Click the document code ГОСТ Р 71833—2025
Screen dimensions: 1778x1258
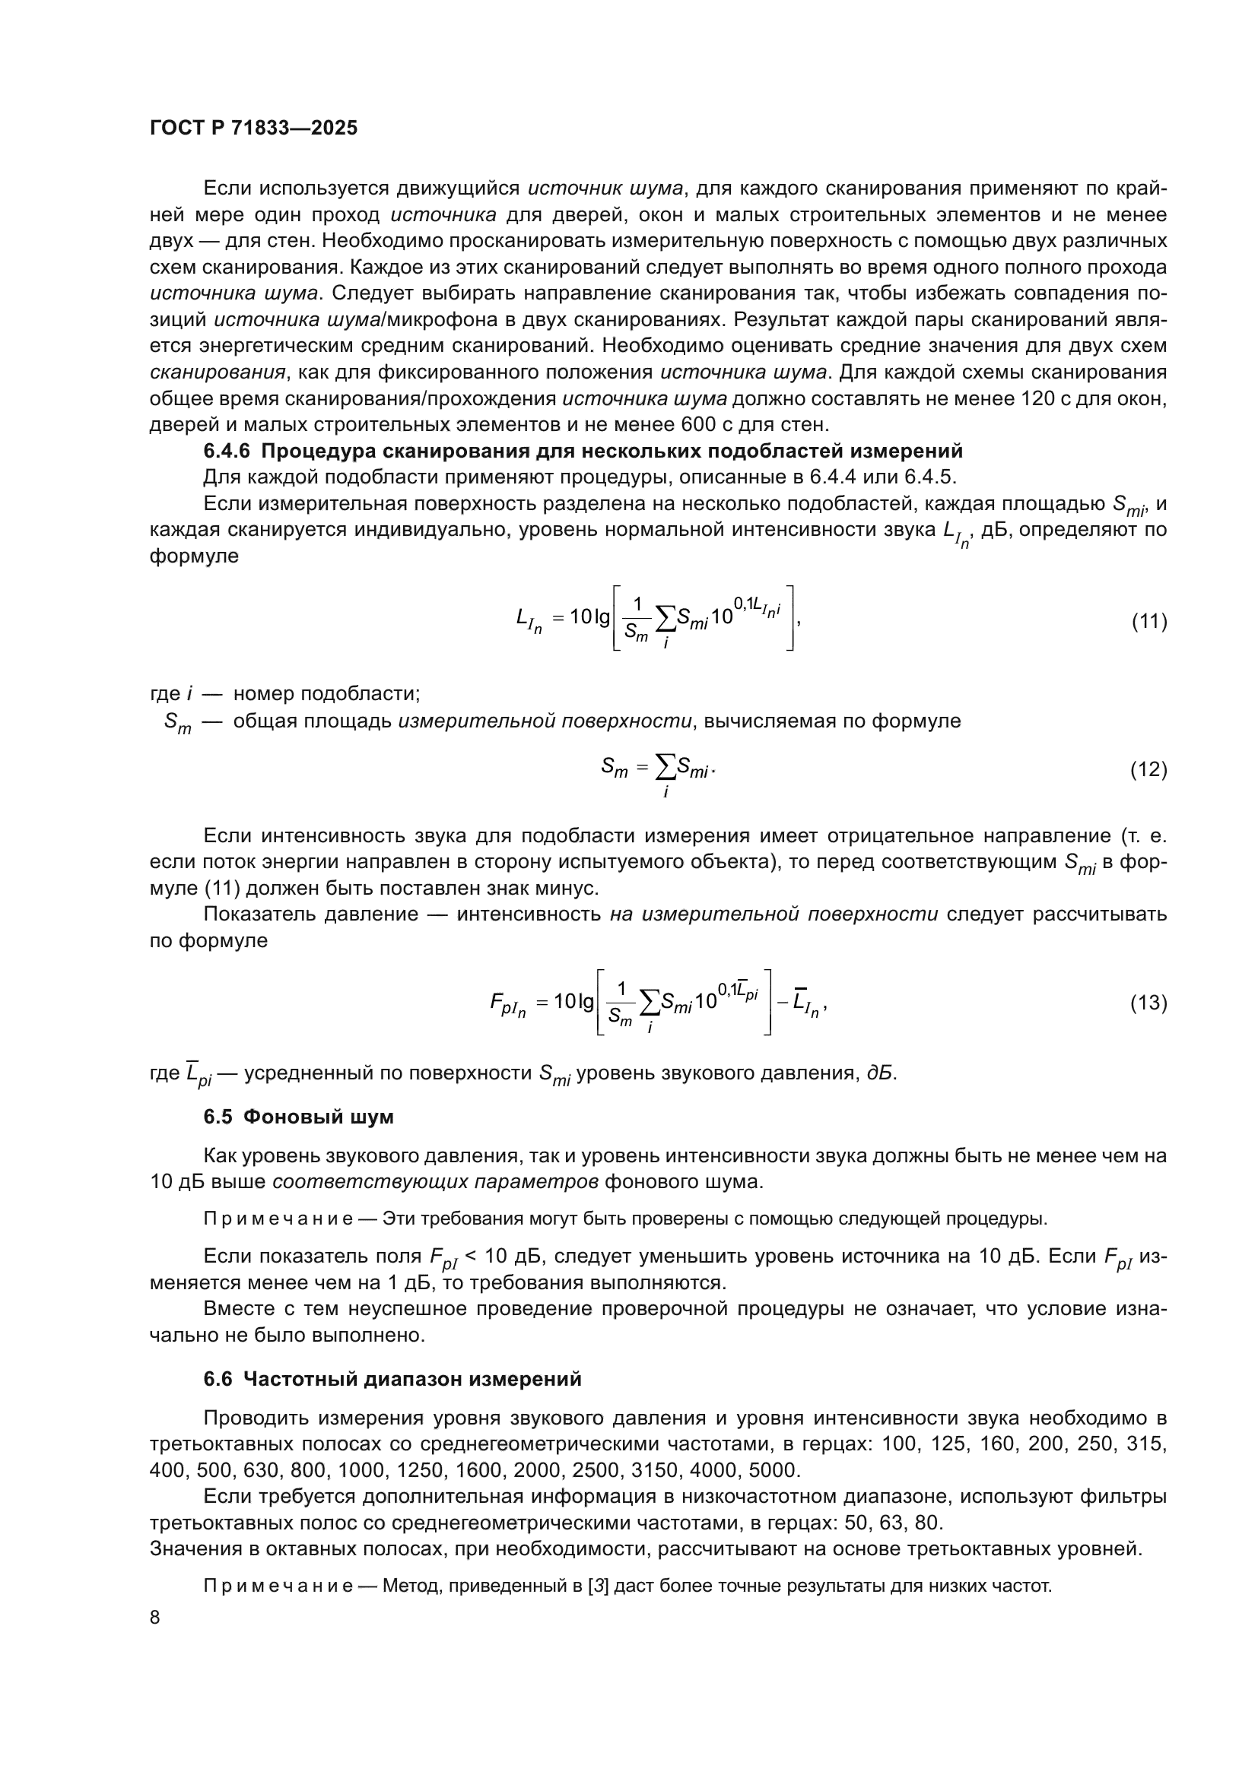pyautogui.click(x=253, y=128)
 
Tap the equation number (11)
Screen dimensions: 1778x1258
pyautogui.click(x=1148, y=621)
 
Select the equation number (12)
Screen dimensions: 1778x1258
pyautogui.click(x=1148, y=769)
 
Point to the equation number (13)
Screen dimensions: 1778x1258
pyautogui.click(x=1148, y=1003)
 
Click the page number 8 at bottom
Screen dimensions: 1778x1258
pyautogui.click(x=155, y=1617)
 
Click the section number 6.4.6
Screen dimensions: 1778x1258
pyautogui.click(x=227, y=451)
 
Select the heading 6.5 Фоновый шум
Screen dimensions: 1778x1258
pyautogui.click(x=298, y=1117)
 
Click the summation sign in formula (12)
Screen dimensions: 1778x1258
pyautogui.click(x=665, y=767)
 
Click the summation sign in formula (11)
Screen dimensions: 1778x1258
pyautogui.click(x=665, y=618)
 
